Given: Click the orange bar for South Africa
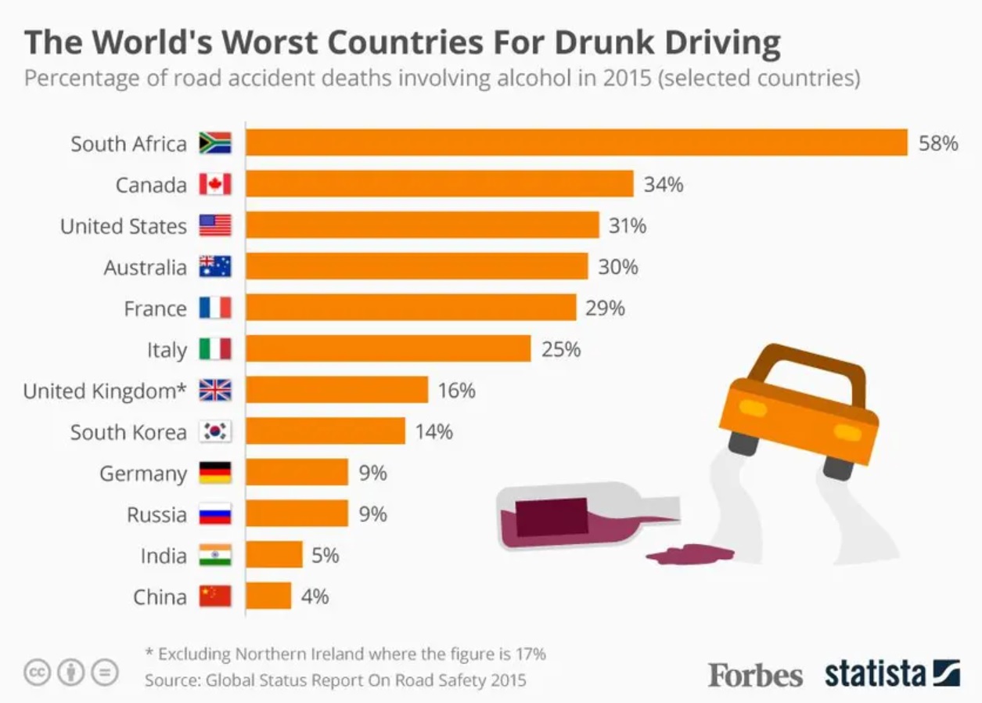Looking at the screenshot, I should click(x=577, y=143).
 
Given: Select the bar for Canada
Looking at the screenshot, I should click(x=440, y=185).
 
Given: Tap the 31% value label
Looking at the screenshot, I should click(x=628, y=226).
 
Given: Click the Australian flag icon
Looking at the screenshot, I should click(x=215, y=267).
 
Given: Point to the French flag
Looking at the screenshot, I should click(x=215, y=308).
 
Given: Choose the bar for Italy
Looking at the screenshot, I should click(x=388, y=349).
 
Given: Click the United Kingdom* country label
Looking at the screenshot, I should click(x=105, y=391).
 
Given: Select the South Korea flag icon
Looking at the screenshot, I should click(x=215, y=431).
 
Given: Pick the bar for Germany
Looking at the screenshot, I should click(x=297, y=473).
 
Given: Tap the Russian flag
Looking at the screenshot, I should click(x=215, y=514).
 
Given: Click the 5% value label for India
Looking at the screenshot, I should click(x=326, y=556).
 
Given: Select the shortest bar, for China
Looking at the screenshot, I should click(x=268, y=597).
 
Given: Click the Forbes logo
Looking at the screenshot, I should click(x=755, y=674).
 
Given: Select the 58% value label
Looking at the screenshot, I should click(x=938, y=143).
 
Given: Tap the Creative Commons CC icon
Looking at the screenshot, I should click(x=37, y=672).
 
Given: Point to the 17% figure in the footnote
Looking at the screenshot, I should click(x=531, y=654).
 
